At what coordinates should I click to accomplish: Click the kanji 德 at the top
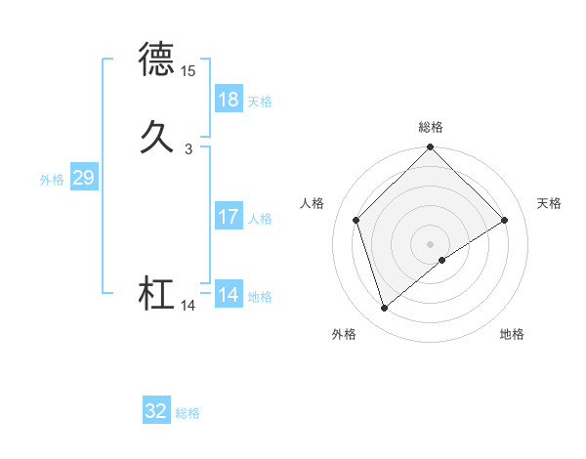pyautogui.click(x=157, y=60)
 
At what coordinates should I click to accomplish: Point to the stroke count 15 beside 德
pyautogui.click(x=188, y=71)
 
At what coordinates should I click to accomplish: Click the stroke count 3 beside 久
pyautogui.click(x=188, y=148)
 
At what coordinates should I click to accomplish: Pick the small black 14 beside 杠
pyautogui.click(x=188, y=306)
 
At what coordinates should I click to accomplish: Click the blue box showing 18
pyautogui.click(x=228, y=100)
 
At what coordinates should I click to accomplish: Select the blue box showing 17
pyautogui.click(x=228, y=217)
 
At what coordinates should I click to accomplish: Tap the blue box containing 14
pyautogui.click(x=228, y=295)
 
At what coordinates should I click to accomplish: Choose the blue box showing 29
pyautogui.click(x=83, y=179)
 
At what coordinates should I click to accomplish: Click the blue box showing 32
pyautogui.click(x=155, y=411)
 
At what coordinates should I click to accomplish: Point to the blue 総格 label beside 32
pyautogui.click(x=188, y=413)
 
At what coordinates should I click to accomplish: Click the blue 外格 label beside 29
pyautogui.click(x=52, y=180)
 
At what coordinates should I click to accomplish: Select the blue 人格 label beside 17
pyautogui.click(x=260, y=219)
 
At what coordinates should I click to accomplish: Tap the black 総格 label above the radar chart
pyautogui.click(x=431, y=127)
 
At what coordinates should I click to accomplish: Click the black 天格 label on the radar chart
pyautogui.click(x=550, y=203)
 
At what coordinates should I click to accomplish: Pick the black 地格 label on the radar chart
pyautogui.click(x=512, y=335)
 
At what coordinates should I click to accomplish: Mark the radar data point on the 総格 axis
pyautogui.click(x=431, y=148)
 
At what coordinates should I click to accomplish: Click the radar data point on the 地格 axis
pyautogui.click(x=442, y=260)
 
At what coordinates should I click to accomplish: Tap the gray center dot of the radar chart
pyautogui.click(x=431, y=243)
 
